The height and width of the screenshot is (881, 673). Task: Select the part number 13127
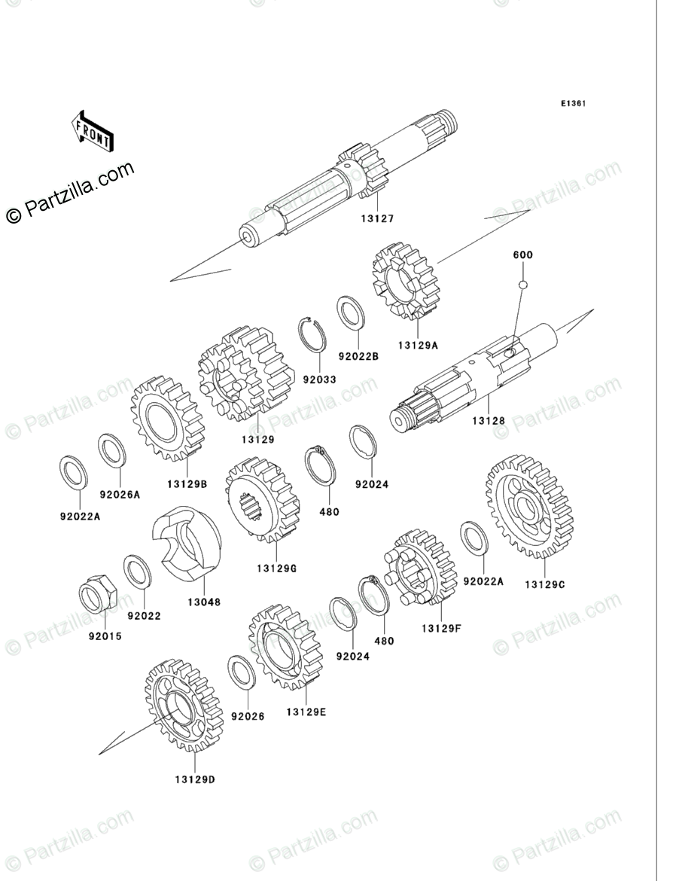(378, 218)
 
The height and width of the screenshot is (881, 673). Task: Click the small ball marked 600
(522, 285)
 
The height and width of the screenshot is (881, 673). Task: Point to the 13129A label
(419, 345)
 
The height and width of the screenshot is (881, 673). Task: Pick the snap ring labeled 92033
(315, 334)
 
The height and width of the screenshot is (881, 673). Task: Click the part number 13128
(489, 421)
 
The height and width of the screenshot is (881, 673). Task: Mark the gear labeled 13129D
(184, 706)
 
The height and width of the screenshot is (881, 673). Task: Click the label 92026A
(120, 495)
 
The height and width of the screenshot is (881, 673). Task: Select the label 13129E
(306, 710)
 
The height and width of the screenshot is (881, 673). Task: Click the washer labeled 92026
(242, 672)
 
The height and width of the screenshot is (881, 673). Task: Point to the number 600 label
(522, 255)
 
